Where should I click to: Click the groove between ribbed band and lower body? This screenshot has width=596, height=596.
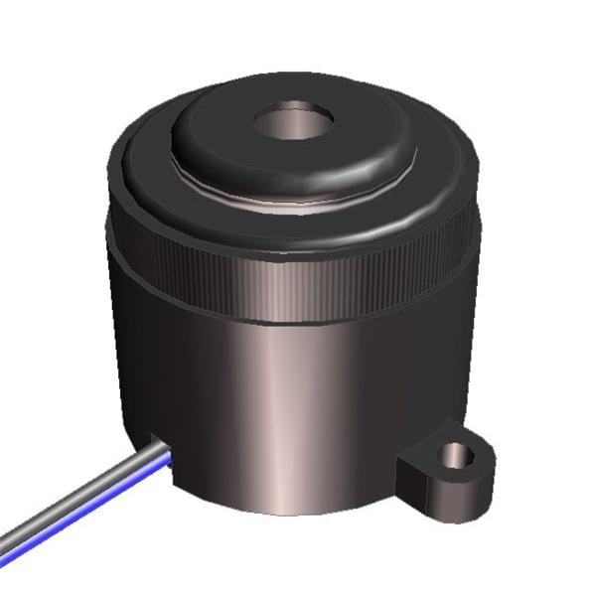coord(298,327)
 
